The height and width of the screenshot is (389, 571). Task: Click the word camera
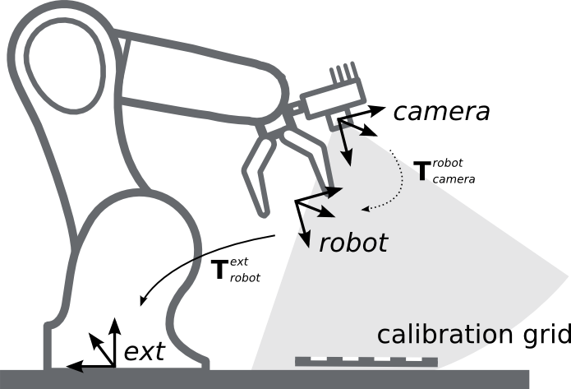(441, 112)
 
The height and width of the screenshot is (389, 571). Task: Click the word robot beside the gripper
(353, 243)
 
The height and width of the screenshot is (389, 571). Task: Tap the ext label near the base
(144, 353)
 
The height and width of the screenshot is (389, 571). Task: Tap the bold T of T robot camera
(421, 171)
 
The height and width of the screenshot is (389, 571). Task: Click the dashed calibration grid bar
(366, 361)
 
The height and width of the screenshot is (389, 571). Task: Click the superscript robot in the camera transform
(449, 163)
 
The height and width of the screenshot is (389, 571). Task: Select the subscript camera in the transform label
(453, 178)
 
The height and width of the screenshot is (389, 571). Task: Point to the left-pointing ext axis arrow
(82, 363)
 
